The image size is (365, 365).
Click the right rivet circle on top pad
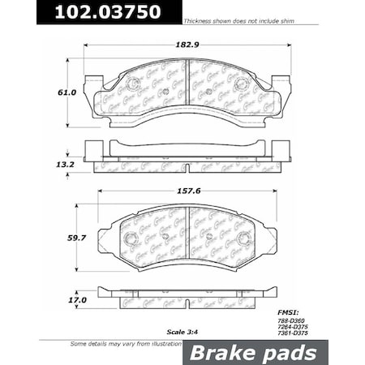(240, 84)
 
